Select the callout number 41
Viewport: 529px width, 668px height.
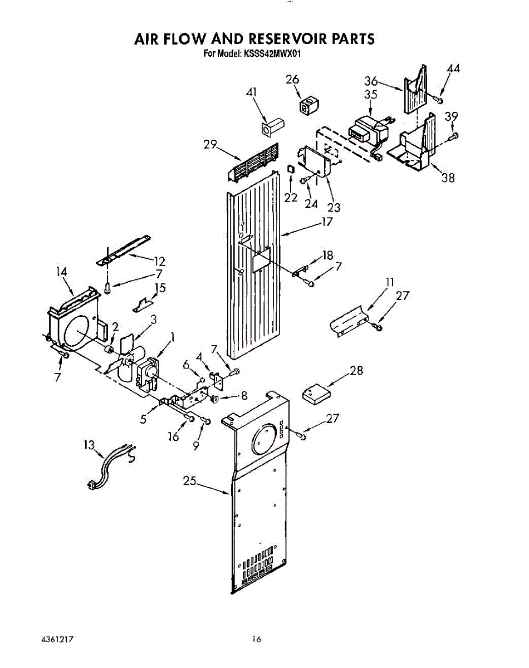pyautogui.click(x=252, y=94)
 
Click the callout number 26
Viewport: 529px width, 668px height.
pyautogui.click(x=292, y=80)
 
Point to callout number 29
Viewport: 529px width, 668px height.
pyautogui.click(x=210, y=145)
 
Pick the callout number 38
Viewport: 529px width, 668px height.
pyautogui.click(x=448, y=178)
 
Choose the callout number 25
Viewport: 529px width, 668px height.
pyautogui.click(x=189, y=481)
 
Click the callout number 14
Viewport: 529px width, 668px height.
pyautogui.click(x=62, y=272)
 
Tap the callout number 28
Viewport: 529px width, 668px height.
pyautogui.click(x=356, y=370)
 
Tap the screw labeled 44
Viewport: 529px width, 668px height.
pyautogui.click(x=438, y=100)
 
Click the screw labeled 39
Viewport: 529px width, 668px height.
pyautogui.click(x=454, y=135)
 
